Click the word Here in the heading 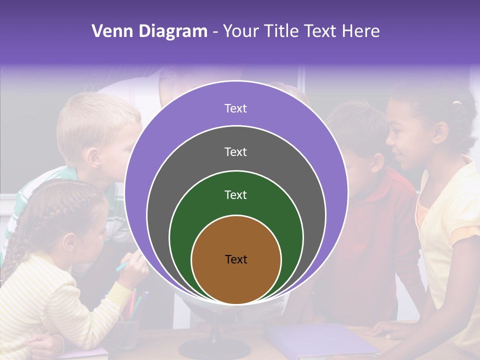click(361, 31)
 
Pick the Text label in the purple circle click(235, 108)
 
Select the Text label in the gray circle click(235, 151)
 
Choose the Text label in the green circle click(235, 195)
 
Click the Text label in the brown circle click(236, 259)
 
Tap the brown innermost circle click(236, 280)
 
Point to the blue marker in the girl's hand click(123, 265)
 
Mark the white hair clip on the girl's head click(456, 103)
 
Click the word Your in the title click(241, 31)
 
